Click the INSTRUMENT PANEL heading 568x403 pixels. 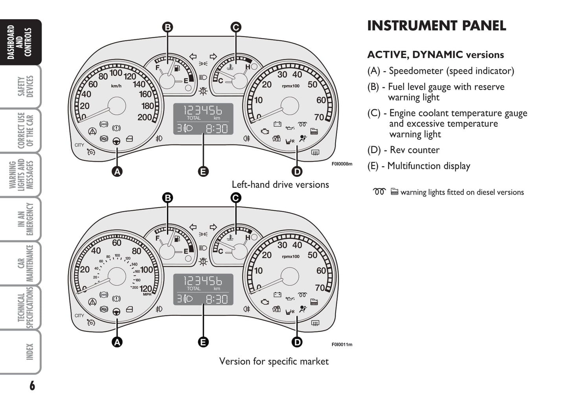click(x=436, y=26)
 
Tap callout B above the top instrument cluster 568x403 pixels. click(x=168, y=27)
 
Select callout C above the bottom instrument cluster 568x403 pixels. click(x=235, y=198)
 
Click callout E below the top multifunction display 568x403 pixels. click(x=203, y=171)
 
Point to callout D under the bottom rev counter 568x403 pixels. click(x=297, y=342)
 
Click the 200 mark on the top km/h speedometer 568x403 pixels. click(x=144, y=117)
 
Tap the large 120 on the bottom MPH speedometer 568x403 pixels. click(x=145, y=288)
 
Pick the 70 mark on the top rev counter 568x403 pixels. click(x=319, y=117)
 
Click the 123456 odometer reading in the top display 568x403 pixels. click(x=203, y=110)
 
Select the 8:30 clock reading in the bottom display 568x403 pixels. click(x=217, y=299)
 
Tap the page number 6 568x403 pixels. click(x=32, y=386)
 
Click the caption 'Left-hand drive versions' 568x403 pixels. click(x=280, y=185)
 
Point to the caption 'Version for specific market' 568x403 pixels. click(x=274, y=361)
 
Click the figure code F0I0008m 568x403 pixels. click(x=342, y=164)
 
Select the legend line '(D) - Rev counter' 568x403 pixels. click(x=403, y=150)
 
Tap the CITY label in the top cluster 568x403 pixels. click(x=79, y=145)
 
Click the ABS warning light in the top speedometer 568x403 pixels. click(x=104, y=124)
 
